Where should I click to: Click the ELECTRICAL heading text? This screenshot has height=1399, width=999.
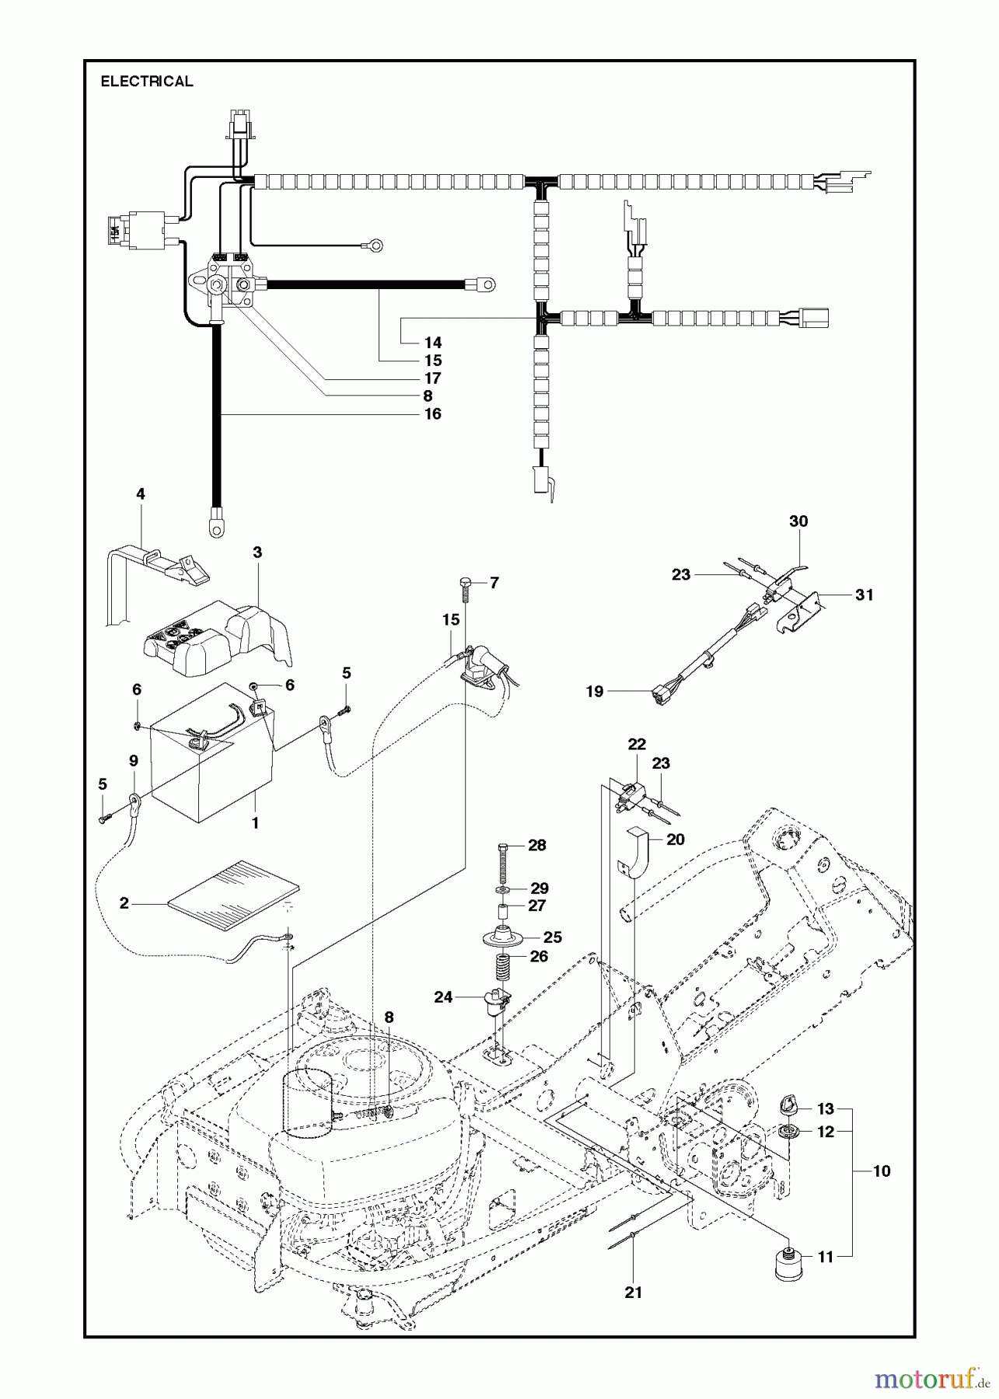(147, 82)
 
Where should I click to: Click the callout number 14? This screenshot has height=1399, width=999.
(433, 343)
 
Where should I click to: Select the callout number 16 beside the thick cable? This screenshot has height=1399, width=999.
(433, 413)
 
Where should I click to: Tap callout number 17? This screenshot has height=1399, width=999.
(433, 379)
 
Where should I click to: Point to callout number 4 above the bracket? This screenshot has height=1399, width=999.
(141, 494)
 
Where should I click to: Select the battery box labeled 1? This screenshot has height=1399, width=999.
(210, 752)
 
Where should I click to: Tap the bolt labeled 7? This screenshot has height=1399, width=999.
(464, 592)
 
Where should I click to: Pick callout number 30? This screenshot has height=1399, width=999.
(798, 522)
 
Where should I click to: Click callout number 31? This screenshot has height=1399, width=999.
(864, 595)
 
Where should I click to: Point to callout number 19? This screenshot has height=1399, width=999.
(595, 691)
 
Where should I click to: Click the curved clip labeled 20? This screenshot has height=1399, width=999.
(632, 854)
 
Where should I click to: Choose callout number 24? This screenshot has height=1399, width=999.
(443, 996)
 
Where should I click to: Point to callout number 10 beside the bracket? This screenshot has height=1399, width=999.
(882, 1171)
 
